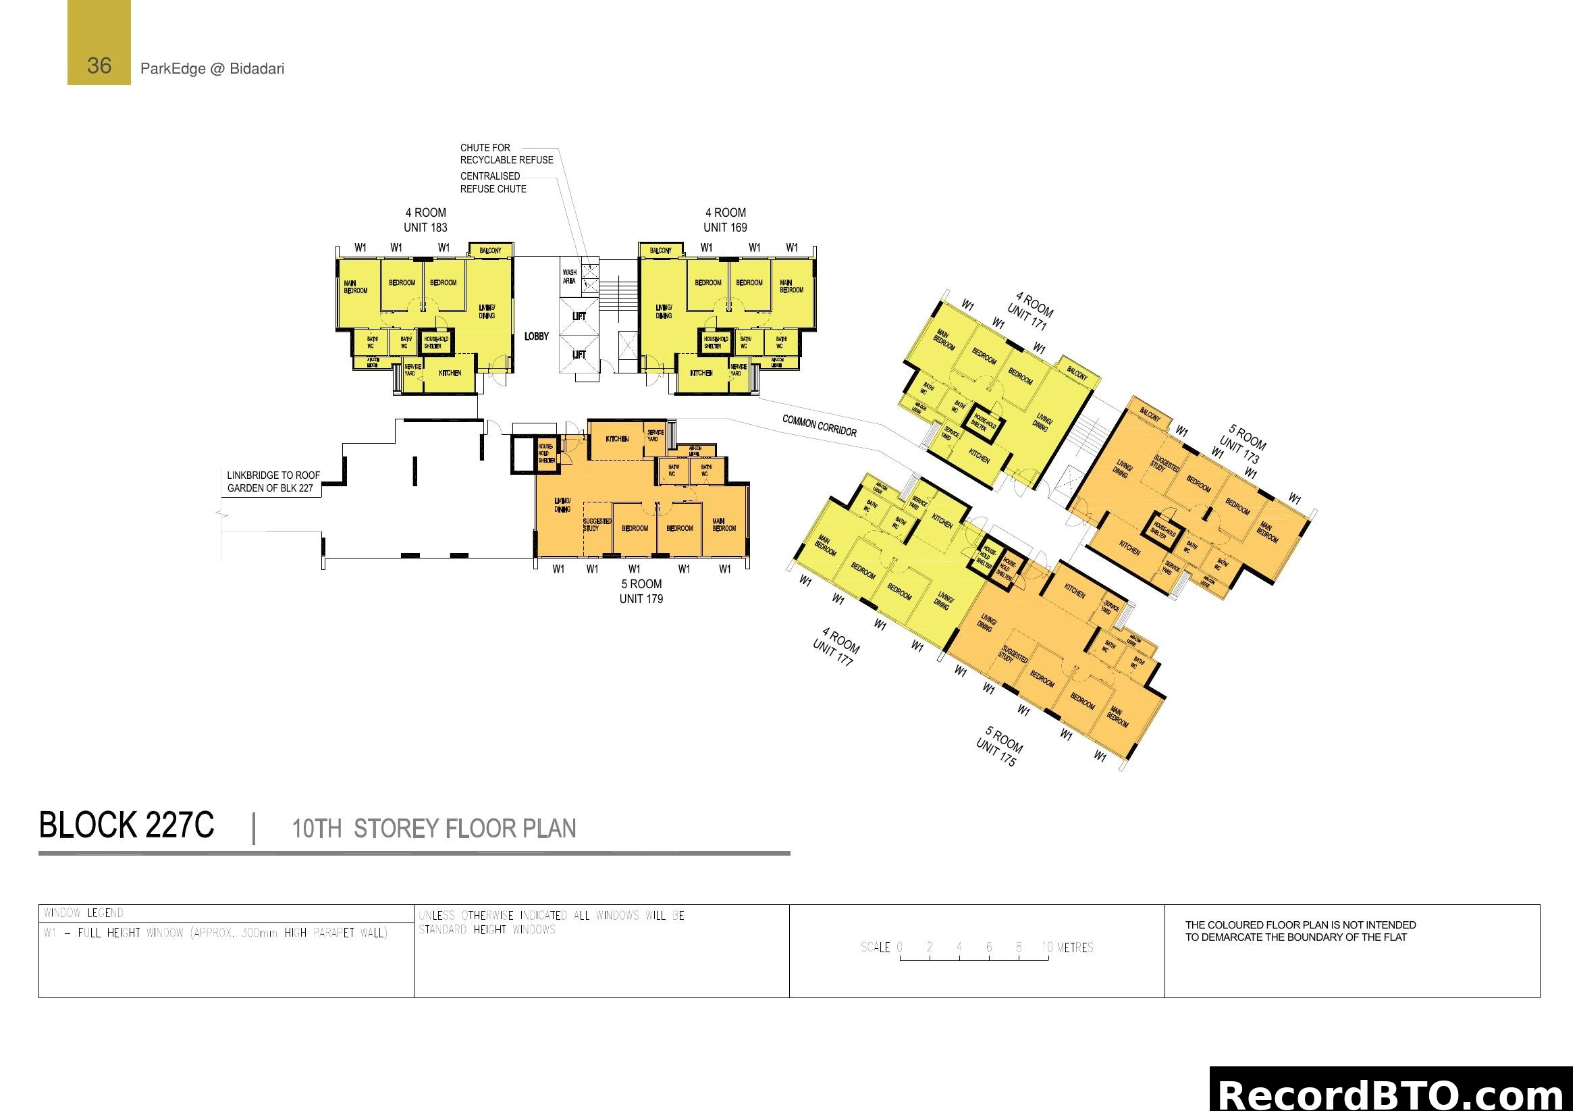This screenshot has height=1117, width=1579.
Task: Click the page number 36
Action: pos(99,66)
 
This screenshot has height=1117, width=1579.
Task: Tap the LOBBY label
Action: pos(537,336)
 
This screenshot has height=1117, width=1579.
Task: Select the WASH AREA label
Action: pos(570,276)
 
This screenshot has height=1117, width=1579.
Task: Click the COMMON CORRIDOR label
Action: pos(819,425)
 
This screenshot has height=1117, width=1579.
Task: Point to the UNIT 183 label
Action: pos(425,228)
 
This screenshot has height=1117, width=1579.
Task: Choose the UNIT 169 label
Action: pos(725,228)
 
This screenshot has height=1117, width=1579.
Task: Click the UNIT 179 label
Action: pos(641,599)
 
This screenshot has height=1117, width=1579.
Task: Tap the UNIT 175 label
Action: pos(995,756)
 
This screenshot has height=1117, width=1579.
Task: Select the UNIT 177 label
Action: pos(833,653)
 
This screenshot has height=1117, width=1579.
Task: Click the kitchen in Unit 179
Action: pos(617,439)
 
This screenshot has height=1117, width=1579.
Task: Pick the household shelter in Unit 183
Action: pos(436,342)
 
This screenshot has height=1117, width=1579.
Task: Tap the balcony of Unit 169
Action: pos(660,251)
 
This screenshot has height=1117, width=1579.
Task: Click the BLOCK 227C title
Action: pos(126,825)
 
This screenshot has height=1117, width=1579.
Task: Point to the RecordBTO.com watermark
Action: pos(1393,1095)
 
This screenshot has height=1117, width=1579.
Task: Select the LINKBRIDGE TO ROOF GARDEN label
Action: pos(273,482)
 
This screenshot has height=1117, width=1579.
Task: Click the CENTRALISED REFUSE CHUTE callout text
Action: pos(492,182)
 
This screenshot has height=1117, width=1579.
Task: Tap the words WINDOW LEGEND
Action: pos(84,913)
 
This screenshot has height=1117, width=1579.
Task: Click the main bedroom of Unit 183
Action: pos(356,287)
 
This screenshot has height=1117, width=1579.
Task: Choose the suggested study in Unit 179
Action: pos(596,525)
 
